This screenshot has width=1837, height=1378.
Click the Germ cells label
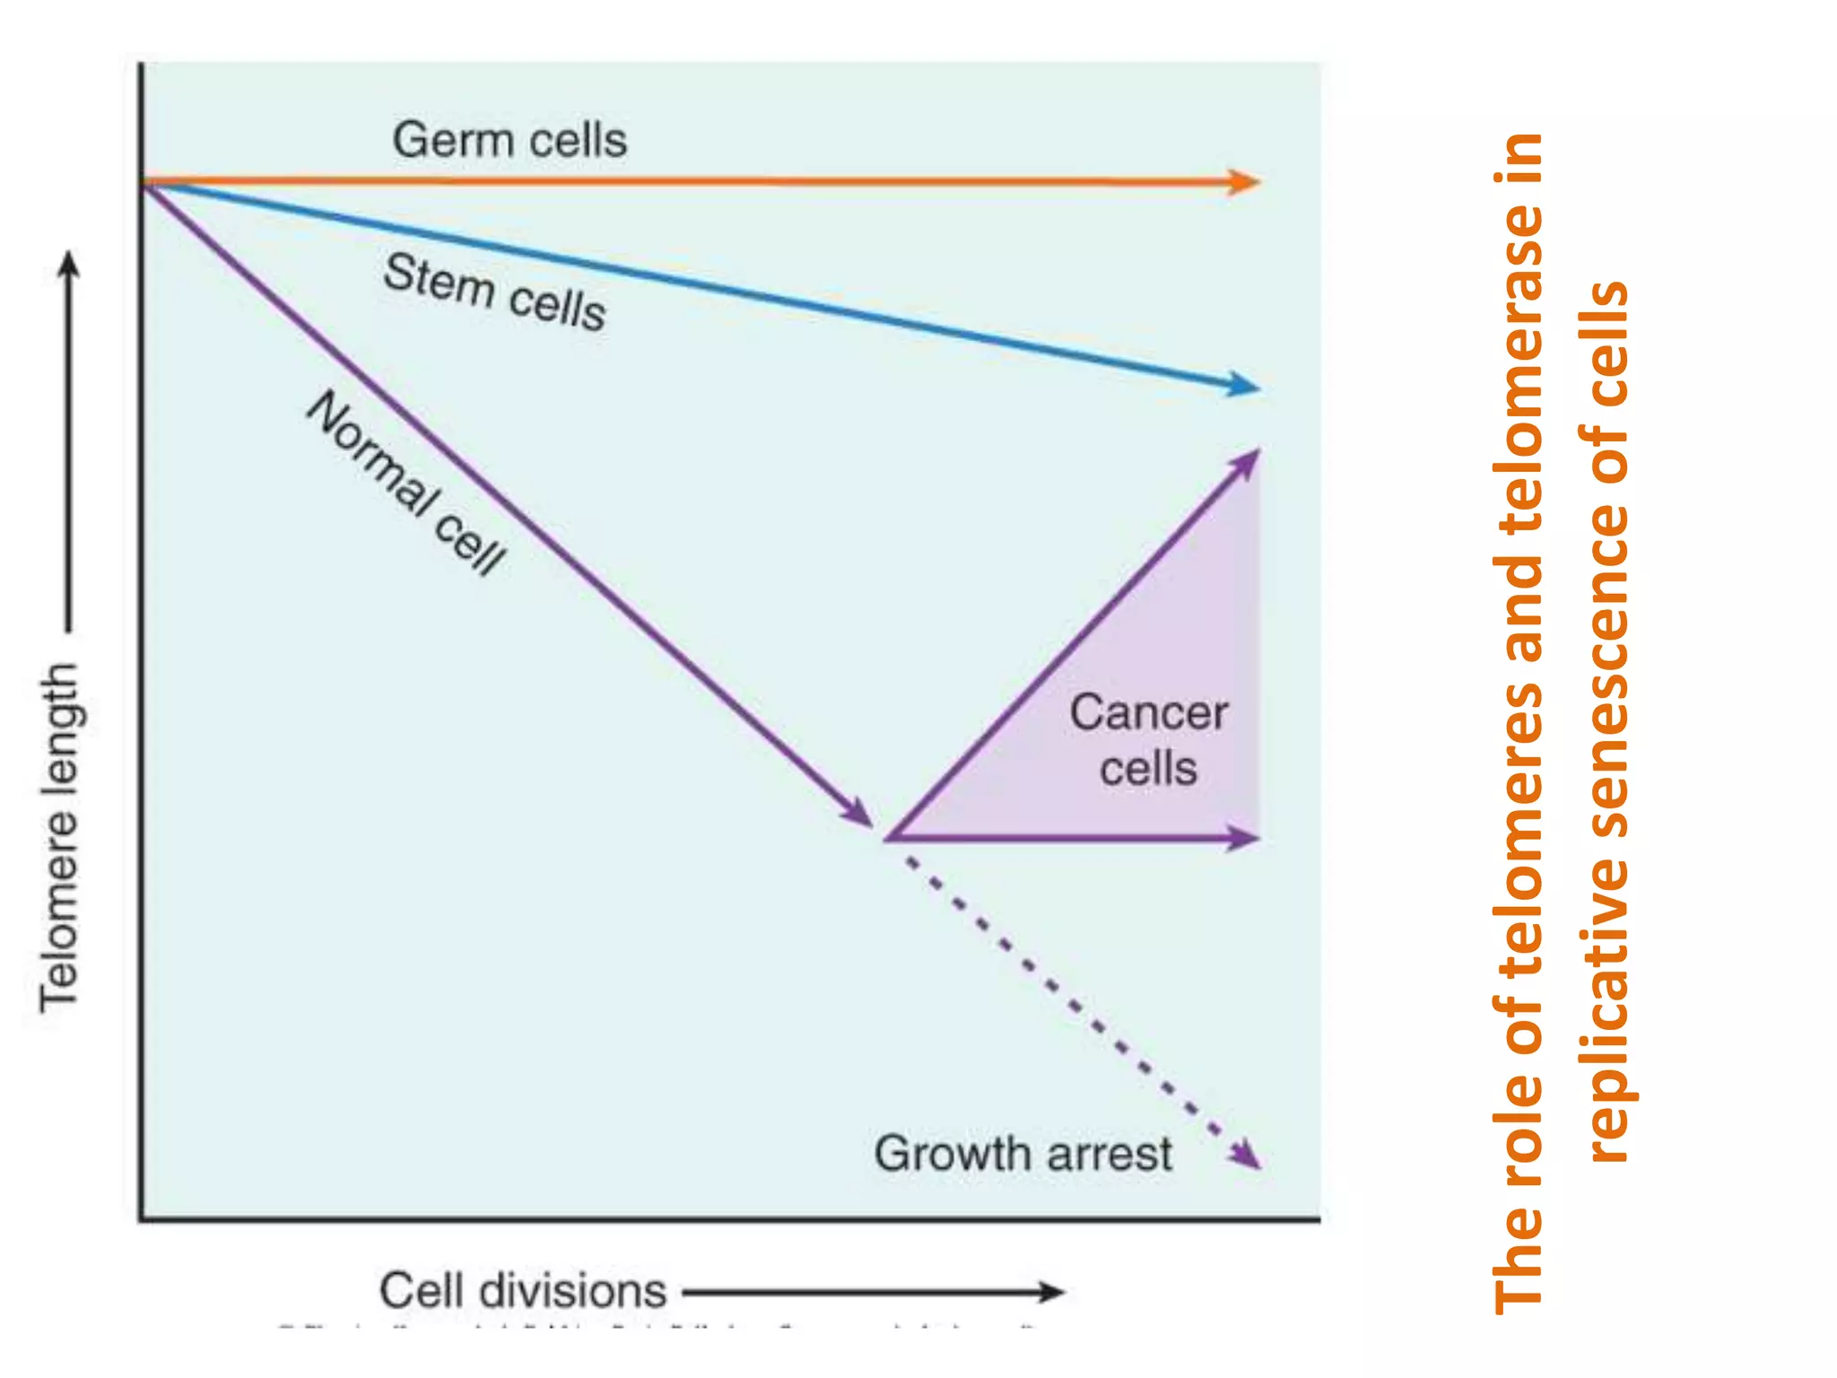coord(509,141)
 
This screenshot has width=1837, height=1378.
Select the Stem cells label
coord(494,292)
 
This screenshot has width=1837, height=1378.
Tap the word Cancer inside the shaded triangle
coord(1148,714)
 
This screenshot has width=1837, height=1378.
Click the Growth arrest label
coord(1023,1154)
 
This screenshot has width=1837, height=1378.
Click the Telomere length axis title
coord(59,839)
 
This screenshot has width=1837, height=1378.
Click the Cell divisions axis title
coord(523,1291)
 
